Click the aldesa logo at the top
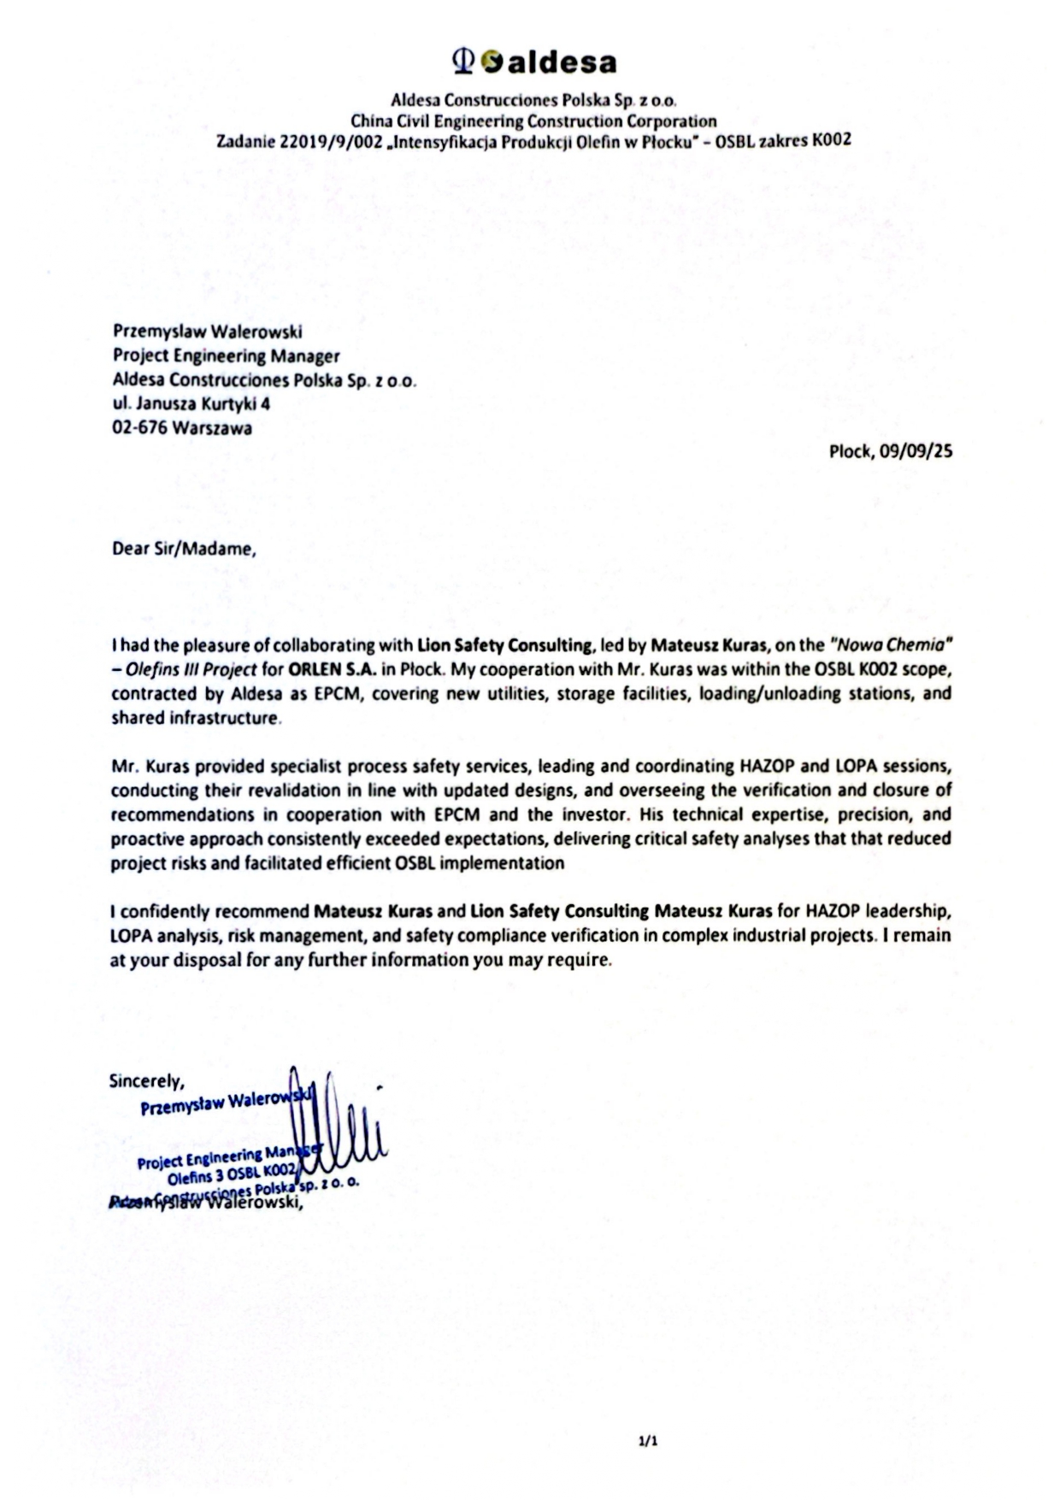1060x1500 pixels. point(534,62)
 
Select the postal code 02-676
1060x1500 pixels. point(139,428)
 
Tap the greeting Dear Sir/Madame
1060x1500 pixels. point(184,549)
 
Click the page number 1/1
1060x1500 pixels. point(648,1442)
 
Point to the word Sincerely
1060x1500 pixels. point(146,1081)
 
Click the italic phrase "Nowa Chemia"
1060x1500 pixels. point(891,645)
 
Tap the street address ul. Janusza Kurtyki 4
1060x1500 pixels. point(191,403)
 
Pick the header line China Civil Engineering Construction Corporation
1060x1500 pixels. point(533,121)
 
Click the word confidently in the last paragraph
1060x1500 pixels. point(166,911)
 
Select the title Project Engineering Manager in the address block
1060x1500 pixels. point(227,356)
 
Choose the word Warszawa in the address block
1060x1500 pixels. point(212,428)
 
